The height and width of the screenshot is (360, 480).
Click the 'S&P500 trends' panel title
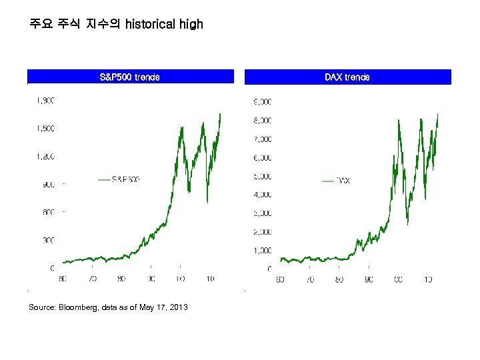(x=129, y=77)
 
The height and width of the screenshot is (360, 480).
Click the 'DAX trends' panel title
(x=347, y=77)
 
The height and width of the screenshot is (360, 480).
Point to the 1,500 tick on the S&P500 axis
(x=45, y=128)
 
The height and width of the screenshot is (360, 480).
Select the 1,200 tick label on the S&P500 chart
(x=45, y=157)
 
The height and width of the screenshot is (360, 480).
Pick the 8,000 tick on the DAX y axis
(x=261, y=121)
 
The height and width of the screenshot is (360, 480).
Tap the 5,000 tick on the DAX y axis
(x=261, y=177)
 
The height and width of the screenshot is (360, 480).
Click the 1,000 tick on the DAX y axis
(x=261, y=251)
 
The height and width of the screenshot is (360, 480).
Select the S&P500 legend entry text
(x=125, y=179)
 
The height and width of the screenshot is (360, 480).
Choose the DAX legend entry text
(x=343, y=181)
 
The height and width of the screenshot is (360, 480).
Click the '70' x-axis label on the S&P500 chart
(x=93, y=279)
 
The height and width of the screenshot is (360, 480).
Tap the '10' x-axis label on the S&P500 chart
(x=210, y=279)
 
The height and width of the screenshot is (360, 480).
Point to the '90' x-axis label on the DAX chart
(x=369, y=280)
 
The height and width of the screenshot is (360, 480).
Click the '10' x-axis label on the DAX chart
(x=428, y=280)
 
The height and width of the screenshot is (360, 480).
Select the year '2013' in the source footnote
(x=178, y=307)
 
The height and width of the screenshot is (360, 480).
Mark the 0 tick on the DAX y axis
(x=269, y=269)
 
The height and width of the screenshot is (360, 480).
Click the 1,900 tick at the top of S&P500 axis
(x=45, y=101)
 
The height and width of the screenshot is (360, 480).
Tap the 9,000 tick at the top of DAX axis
(x=261, y=102)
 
